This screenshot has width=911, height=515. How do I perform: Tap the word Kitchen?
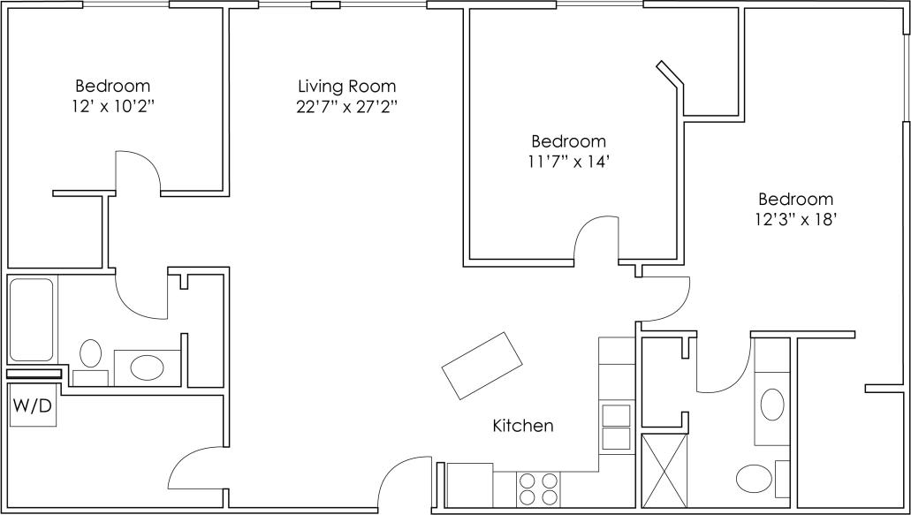click(x=522, y=426)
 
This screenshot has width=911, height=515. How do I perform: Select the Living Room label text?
click(x=346, y=87)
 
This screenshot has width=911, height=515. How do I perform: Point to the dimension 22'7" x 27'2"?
click(x=346, y=108)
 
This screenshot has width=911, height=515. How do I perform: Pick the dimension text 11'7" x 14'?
click(x=568, y=163)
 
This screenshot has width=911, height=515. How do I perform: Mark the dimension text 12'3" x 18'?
click(x=794, y=221)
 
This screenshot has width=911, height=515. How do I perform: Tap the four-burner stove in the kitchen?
click(x=537, y=488)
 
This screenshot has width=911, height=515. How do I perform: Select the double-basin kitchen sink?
click(x=615, y=428)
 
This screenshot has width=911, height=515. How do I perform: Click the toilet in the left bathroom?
click(x=90, y=359)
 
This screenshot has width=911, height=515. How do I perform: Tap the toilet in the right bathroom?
click(x=756, y=478)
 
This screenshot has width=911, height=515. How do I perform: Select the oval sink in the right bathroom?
click(x=771, y=405)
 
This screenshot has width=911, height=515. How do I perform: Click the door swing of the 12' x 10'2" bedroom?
click(x=137, y=170)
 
